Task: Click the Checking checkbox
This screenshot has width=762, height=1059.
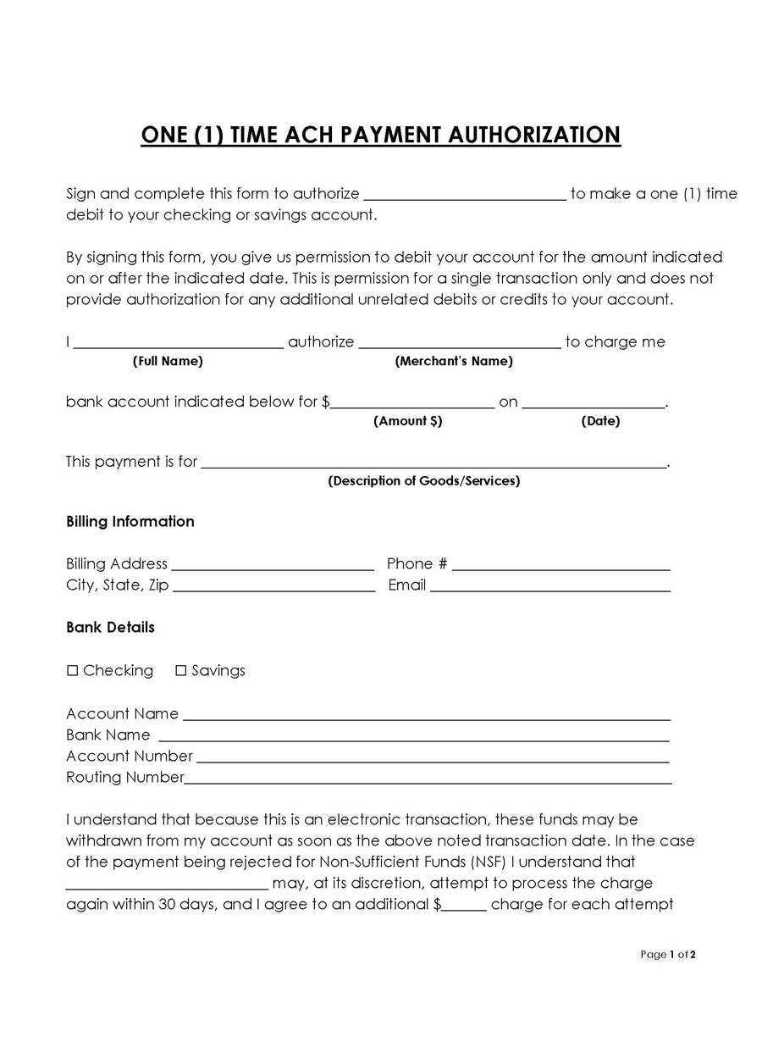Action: click(73, 671)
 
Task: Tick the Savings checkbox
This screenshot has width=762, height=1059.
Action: click(180, 671)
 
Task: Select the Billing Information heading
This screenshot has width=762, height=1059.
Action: click(130, 522)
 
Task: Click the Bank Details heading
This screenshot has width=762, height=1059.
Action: click(110, 628)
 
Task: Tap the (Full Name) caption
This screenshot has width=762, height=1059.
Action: click(168, 362)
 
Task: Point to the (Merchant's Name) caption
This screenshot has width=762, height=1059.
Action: click(454, 362)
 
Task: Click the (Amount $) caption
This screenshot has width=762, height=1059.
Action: click(407, 421)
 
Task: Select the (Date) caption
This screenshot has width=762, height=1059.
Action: click(600, 421)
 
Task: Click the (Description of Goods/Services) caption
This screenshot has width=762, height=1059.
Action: click(423, 481)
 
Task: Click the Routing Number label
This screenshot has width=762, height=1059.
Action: click(124, 778)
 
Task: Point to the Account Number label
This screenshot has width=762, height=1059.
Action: click(130, 757)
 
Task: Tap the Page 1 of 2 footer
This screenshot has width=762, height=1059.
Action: click(668, 955)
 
